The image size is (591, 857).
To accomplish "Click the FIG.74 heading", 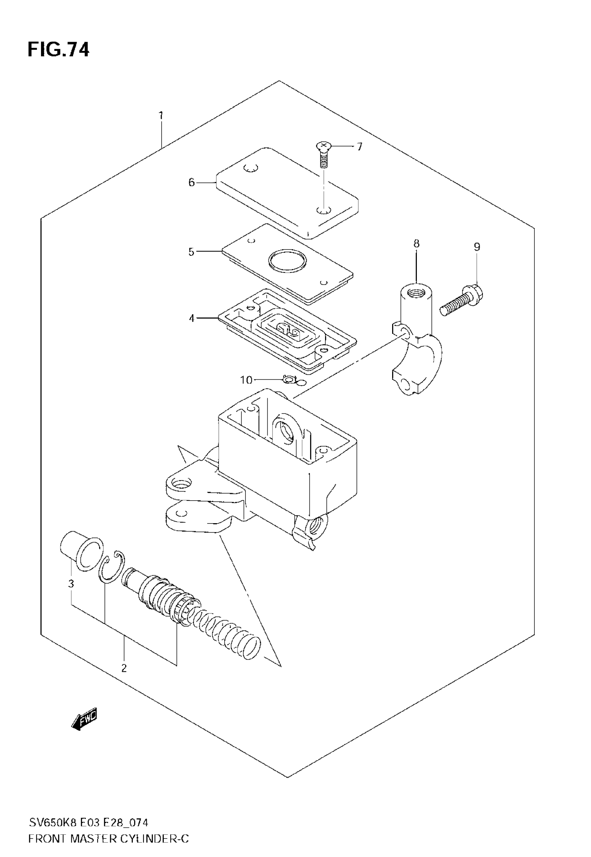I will [x=58, y=50].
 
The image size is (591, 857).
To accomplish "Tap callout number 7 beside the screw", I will [x=359, y=147].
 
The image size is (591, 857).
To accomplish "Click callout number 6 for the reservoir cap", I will [x=192, y=182].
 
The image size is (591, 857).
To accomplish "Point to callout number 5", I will [x=191, y=252].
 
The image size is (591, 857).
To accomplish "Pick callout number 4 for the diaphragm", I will [x=192, y=318].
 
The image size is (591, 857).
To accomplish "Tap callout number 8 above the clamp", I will [x=416, y=244].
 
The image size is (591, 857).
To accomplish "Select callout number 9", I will [x=477, y=247].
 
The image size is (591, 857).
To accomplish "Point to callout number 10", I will [x=246, y=380].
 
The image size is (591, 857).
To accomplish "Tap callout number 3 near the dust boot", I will [x=71, y=584].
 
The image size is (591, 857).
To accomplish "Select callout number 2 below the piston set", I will [x=124, y=668].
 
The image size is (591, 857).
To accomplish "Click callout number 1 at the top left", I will [x=161, y=116].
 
